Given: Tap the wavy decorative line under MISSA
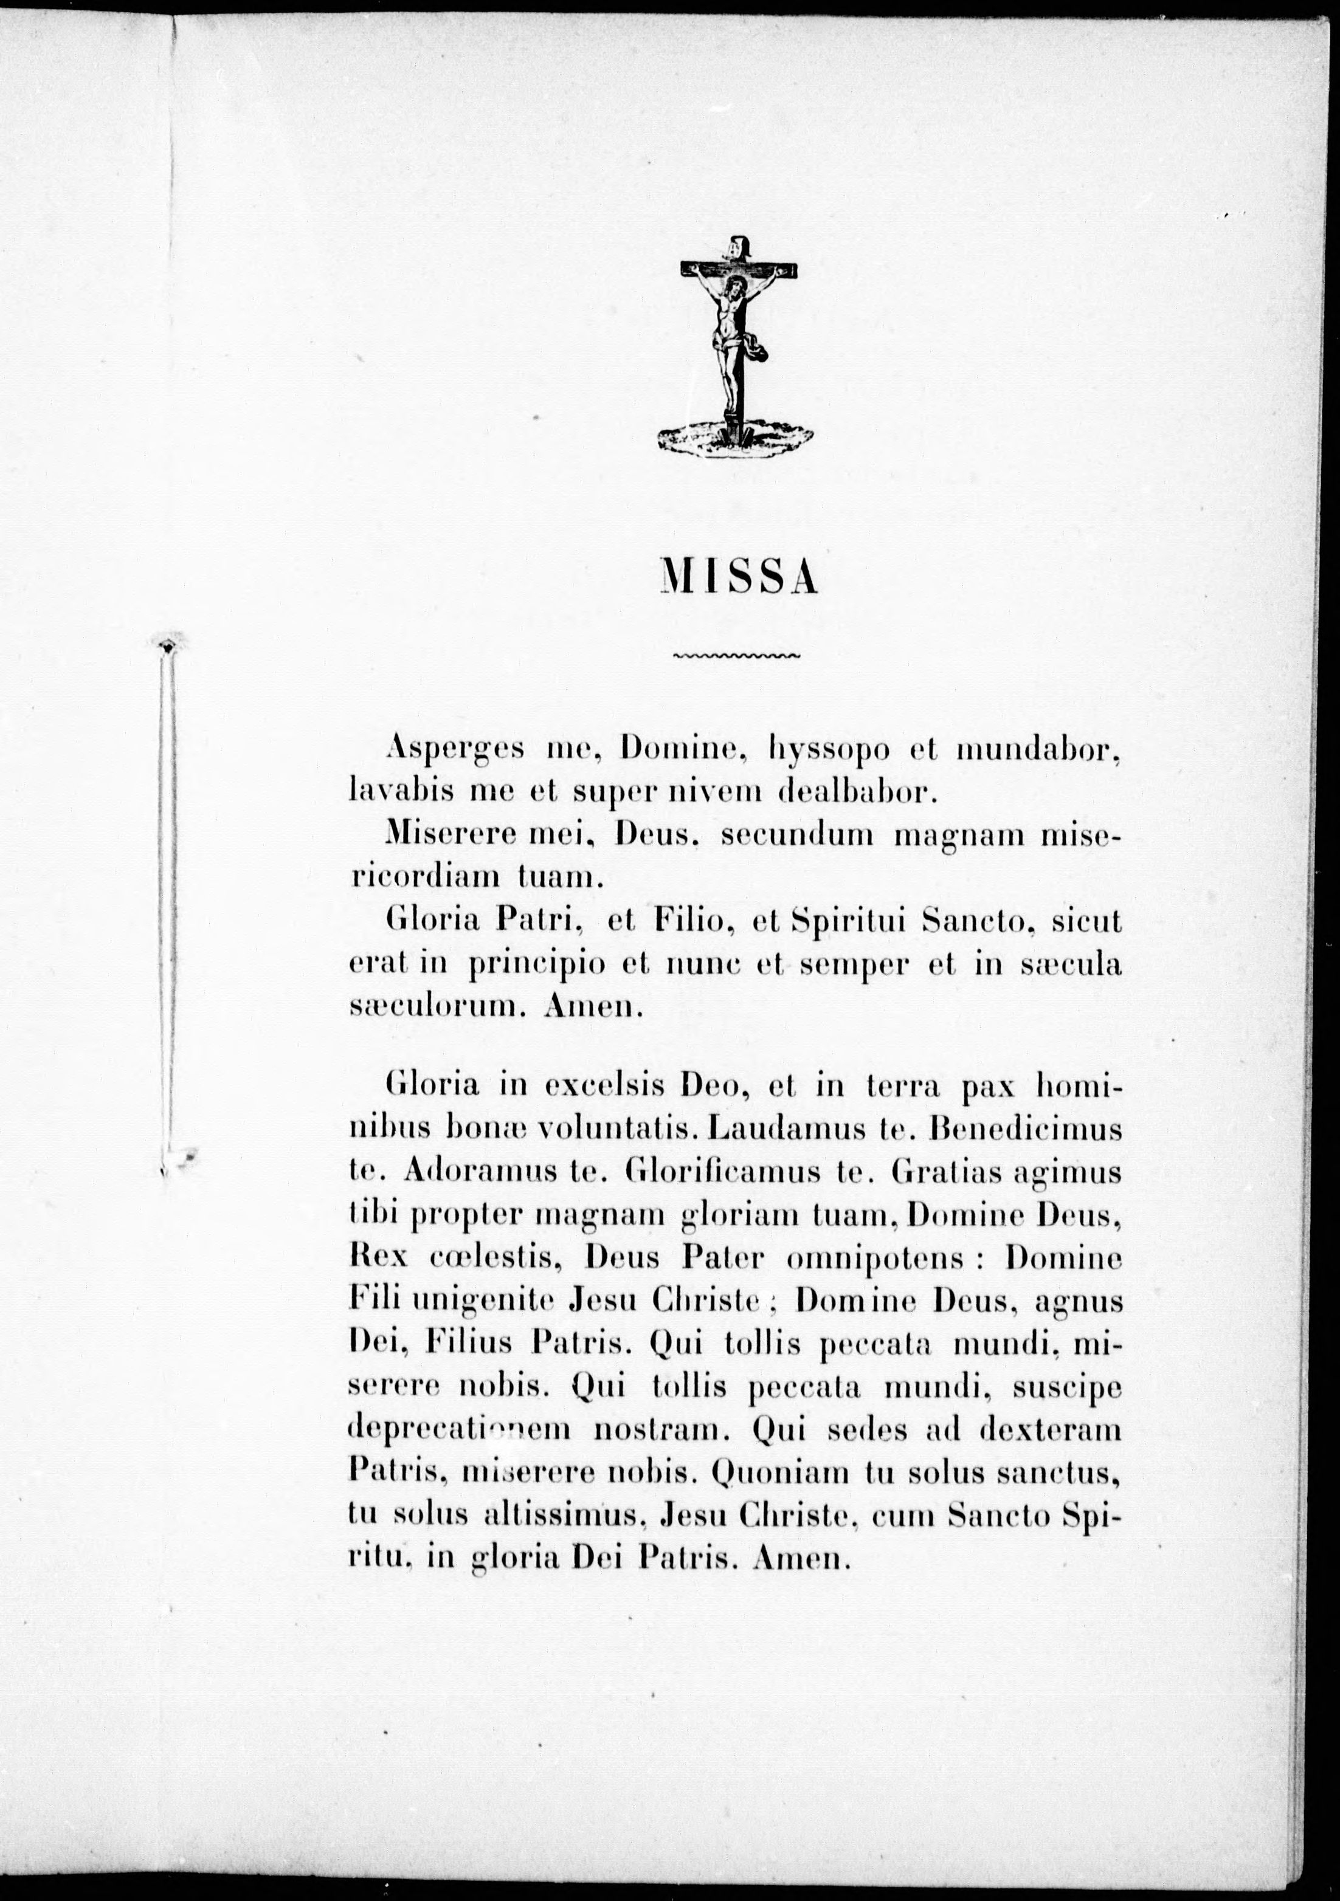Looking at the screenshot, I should (736, 656).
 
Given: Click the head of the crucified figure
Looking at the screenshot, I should (732, 290).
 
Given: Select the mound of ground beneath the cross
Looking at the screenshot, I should (736, 437).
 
